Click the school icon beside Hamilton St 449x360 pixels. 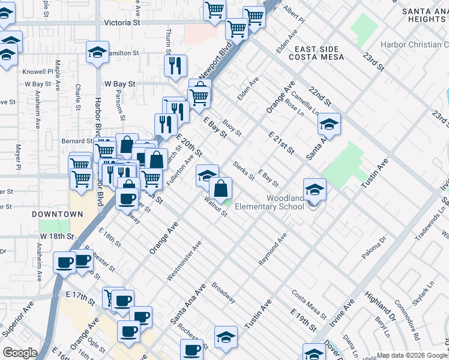coord(97,52)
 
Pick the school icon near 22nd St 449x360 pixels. coord(328,124)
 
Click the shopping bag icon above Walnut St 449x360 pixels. coord(221,188)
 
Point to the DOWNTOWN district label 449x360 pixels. coord(58,214)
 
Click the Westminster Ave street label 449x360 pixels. coord(184,262)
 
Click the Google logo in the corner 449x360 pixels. coord(20,353)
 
